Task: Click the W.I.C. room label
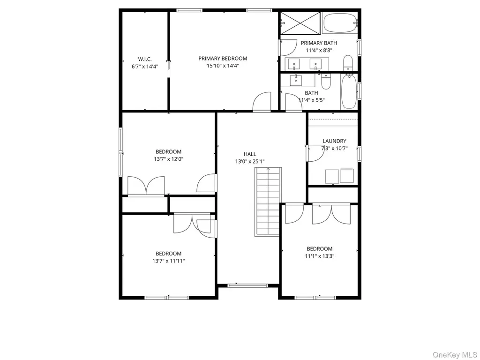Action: pos(144,59)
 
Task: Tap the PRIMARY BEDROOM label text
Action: pos(223,59)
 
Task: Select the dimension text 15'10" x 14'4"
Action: pos(223,66)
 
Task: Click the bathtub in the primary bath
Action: pos(340,22)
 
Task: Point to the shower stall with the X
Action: pos(300,23)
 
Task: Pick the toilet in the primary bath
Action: pos(348,63)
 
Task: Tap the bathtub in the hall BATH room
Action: pos(349,91)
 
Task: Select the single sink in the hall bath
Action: pos(296,80)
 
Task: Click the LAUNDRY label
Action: pos(334,141)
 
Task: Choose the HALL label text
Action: pos(250,154)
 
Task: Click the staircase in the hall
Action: pos(268,202)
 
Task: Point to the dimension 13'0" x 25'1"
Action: pos(250,161)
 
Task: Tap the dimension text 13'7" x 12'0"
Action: pos(168,159)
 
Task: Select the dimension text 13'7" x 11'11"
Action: pos(169,261)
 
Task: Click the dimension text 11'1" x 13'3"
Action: pos(320,256)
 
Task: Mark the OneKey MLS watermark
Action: pos(455,355)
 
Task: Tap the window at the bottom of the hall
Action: pos(248,285)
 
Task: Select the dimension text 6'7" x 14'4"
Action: pos(145,67)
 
